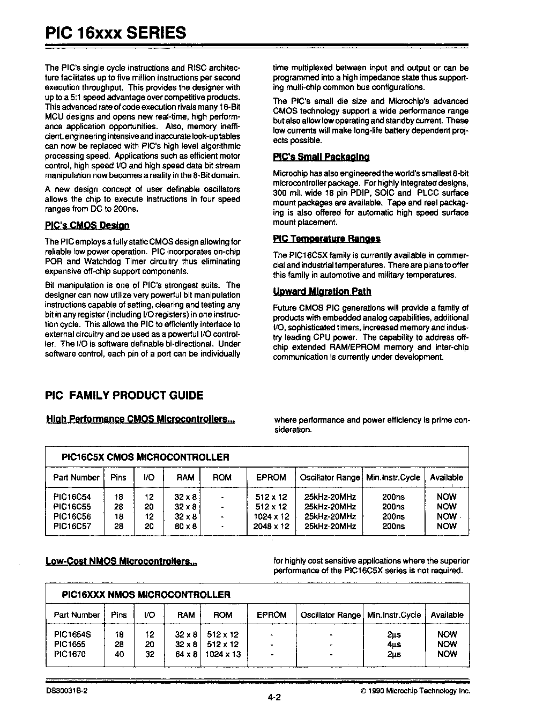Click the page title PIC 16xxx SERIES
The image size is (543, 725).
tap(116, 33)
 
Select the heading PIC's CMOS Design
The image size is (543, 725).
tap(87, 225)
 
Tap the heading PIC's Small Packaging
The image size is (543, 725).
tap(321, 157)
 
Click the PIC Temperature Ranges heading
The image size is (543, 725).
tap(326, 239)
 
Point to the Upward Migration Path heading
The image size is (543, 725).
tap(322, 292)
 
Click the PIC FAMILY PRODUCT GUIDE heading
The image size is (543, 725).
tap(124, 396)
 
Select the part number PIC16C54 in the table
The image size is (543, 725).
tap(72, 497)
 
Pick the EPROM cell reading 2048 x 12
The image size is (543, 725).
tap(271, 527)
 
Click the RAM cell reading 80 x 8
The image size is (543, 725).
tap(186, 527)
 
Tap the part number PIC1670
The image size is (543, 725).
tap(70, 654)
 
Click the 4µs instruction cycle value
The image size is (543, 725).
tap(393, 645)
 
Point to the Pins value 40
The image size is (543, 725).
tap(119, 654)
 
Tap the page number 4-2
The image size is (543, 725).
tap(274, 698)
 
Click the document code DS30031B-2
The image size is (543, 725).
tap(68, 691)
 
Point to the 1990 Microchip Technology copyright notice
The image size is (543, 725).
tap(415, 691)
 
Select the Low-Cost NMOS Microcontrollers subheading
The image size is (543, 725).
tap(121, 561)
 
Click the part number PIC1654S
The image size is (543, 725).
tap(72, 634)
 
